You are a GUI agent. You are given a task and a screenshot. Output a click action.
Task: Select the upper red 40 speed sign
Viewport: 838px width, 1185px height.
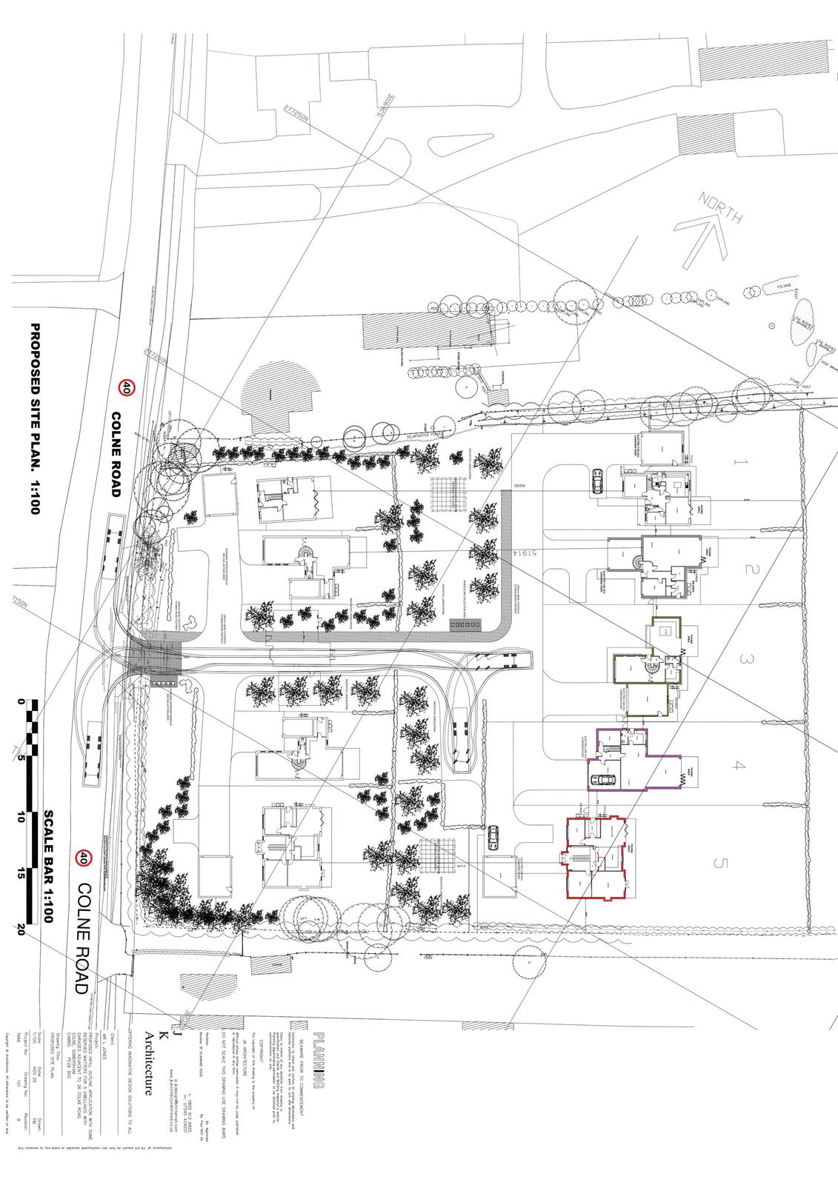pyautogui.click(x=127, y=387)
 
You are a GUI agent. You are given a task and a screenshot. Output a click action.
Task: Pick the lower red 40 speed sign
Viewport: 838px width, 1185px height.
pyautogui.click(x=84, y=858)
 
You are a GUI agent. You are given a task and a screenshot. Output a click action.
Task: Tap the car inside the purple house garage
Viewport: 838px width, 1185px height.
pyautogui.click(x=605, y=779)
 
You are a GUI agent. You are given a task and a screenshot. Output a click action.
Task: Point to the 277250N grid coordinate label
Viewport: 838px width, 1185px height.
pyautogui.click(x=296, y=115)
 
